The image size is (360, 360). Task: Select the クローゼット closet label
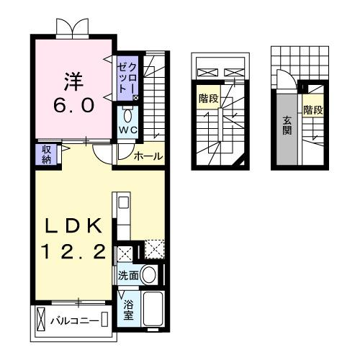click(x=127, y=77)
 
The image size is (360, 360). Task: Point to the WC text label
click(x=127, y=130)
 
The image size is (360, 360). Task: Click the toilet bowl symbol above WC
click(x=127, y=115)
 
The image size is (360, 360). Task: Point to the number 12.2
click(x=70, y=252)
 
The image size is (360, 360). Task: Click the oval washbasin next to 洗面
click(x=150, y=274)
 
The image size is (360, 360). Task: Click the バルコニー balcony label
click(x=74, y=319)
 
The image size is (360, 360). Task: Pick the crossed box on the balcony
click(x=40, y=318)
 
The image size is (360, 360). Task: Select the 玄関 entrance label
click(x=287, y=125)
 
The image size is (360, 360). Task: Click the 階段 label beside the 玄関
click(x=312, y=110)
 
